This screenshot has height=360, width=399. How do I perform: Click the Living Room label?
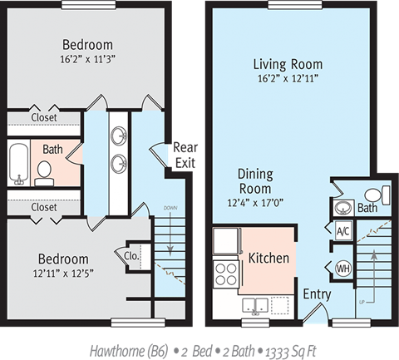[x=288, y=64]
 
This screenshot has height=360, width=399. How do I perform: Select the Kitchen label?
[x=268, y=258]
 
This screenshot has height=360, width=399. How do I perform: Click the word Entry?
[x=317, y=293]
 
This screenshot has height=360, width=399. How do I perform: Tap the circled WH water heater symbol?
[x=343, y=268]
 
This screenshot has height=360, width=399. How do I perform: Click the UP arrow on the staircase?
[x=373, y=266]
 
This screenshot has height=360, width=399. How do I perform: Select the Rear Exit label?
[x=184, y=155]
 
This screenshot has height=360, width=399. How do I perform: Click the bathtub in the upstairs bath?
[x=19, y=164]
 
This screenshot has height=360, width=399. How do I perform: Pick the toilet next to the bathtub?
[x=45, y=173]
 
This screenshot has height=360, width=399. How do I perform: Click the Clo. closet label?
[x=132, y=257]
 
